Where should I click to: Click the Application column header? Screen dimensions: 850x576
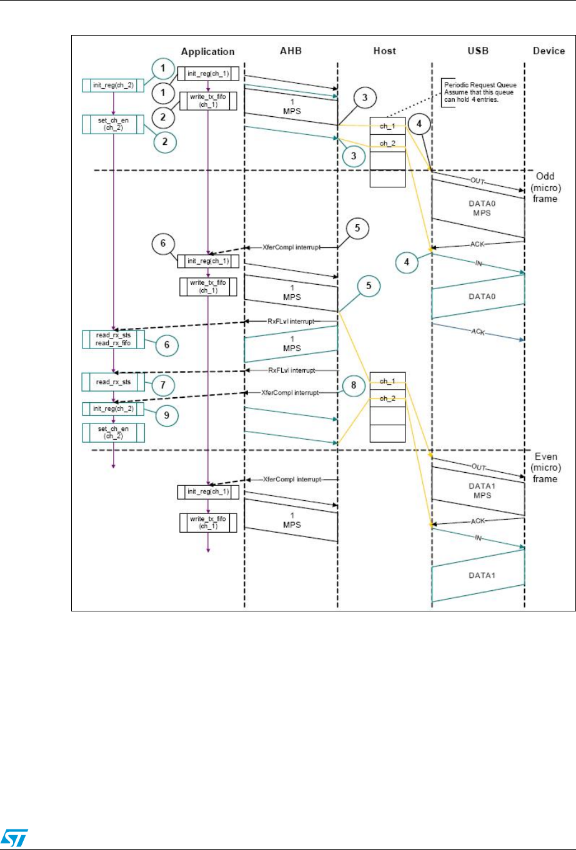click(207, 52)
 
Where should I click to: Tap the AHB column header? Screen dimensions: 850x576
click(290, 51)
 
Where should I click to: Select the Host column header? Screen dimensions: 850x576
click(384, 51)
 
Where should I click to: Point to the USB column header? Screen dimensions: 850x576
click(478, 51)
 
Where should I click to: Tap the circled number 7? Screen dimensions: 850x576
click(163, 385)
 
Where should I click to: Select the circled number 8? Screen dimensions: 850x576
click(354, 385)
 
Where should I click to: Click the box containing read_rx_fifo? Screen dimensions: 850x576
click(114, 339)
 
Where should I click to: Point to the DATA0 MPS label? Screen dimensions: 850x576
click(479, 209)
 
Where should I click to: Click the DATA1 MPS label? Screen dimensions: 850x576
click(479, 491)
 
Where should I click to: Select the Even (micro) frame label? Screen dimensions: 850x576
click(545, 468)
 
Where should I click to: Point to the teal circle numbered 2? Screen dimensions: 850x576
click(165, 141)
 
